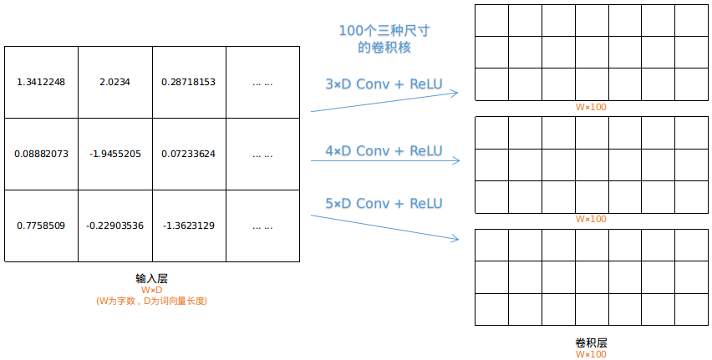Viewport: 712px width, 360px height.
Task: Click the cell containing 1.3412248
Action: tap(41, 82)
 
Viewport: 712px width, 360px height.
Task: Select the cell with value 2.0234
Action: tap(115, 82)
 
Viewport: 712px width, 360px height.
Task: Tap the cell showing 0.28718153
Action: tap(189, 82)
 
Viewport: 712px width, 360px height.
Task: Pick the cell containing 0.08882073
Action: tap(41, 155)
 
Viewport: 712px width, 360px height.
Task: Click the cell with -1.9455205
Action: tap(115, 155)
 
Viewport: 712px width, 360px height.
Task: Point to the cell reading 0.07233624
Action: tap(189, 155)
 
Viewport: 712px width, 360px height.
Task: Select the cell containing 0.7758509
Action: tap(41, 226)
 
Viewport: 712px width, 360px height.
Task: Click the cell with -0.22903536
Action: tap(115, 226)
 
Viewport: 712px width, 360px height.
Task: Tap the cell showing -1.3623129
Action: tap(189, 226)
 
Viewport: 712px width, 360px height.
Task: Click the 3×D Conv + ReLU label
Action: tap(384, 84)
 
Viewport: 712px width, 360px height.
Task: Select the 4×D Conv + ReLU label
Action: tap(384, 151)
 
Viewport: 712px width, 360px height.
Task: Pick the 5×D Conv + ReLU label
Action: tap(384, 204)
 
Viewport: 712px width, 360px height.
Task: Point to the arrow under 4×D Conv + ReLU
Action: tap(384, 160)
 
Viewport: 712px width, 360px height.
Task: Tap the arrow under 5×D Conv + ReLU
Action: tap(384, 227)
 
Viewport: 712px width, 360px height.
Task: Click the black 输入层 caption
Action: tap(151, 278)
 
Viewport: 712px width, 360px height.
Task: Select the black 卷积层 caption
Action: tap(591, 343)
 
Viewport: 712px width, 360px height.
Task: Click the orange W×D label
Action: tap(151, 290)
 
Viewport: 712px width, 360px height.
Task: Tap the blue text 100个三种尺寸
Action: tap(384, 31)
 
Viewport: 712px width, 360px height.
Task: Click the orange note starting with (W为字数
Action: tap(151, 301)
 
